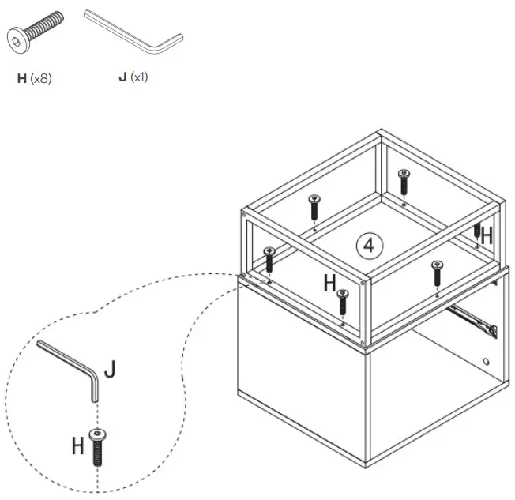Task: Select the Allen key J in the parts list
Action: click(x=134, y=32)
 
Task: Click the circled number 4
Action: click(x=369, y=245)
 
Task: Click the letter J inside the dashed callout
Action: click(x=110, y=370)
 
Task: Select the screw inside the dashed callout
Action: click(x=97, y=447)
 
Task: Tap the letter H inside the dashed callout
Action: click(x=77, y=446)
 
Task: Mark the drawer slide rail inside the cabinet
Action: click(x=472, y=320)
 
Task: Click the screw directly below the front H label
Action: click(x=342, y=303)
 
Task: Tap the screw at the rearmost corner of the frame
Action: click(x=404, y=181)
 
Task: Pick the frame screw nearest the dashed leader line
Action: click(x=269, y=258)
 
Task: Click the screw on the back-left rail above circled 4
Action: click(x=314, y=207)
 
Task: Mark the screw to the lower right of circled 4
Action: click(x=437, y=273)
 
